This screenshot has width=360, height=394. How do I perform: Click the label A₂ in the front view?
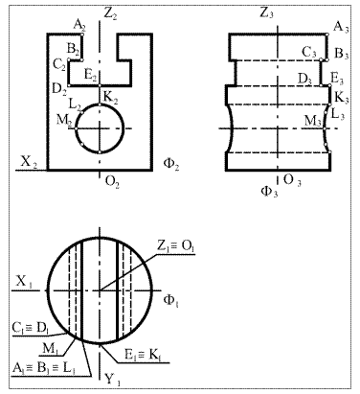pyautogui.click(x=79, y=25)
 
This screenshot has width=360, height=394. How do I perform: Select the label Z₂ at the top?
pyautogui.click(x=110, y=14)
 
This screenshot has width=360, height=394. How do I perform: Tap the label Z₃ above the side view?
pyautogui.click(x=266, y=13)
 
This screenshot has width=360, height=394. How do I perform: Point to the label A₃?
pyautogui.click(x=341, y=27)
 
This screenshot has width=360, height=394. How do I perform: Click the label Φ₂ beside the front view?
pyautogui.click(x=170, y=164)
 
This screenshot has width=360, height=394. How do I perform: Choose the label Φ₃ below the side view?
pyautogui.click(x=269, y=192)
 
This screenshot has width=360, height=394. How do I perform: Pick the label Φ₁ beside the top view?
pyautogui.click(x=170, y=300)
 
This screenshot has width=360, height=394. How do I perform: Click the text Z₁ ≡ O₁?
pyautogui.click(x=175, y=246)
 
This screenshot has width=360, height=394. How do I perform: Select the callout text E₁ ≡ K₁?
pyautogui.click(x=143, y=356)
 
